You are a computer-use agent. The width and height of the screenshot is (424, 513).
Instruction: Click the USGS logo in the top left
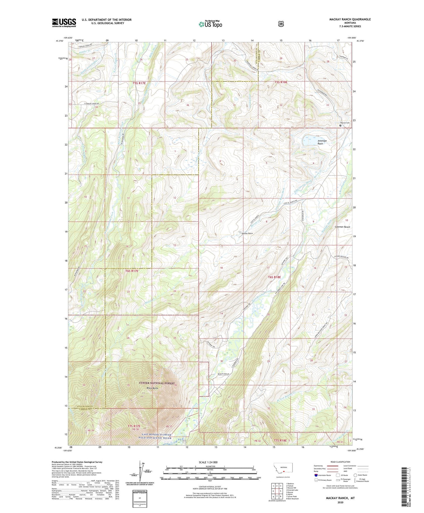(x=64, y=23)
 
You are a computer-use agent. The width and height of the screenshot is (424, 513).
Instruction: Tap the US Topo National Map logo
(x=210, y=24)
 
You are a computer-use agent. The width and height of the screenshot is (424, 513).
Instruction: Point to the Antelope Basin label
(x=322, y=142)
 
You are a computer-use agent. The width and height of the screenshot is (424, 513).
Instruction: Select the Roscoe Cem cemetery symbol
(x=340, y=125)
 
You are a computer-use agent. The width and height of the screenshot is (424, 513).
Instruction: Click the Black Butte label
(x=153, y=388)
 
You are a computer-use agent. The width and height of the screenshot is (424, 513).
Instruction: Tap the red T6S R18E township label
(x=274, y=277)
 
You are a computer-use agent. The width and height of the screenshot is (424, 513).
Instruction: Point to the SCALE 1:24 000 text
(x=208, y=462)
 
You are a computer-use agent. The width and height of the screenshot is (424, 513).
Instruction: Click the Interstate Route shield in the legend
(x=316, y=475)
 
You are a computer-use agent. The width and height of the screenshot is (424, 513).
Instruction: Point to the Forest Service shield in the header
(x=281, y=24)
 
